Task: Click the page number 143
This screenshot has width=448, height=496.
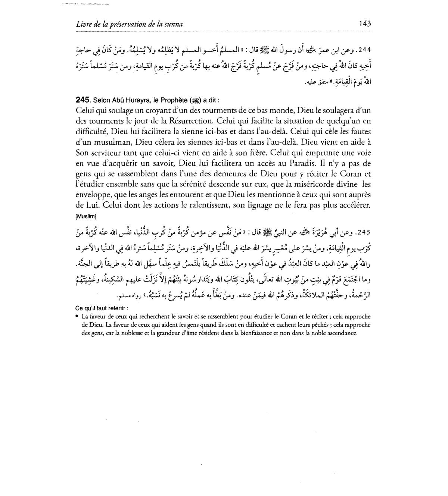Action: (365, 23)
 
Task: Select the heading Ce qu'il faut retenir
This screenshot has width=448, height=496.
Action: (102, 308)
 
